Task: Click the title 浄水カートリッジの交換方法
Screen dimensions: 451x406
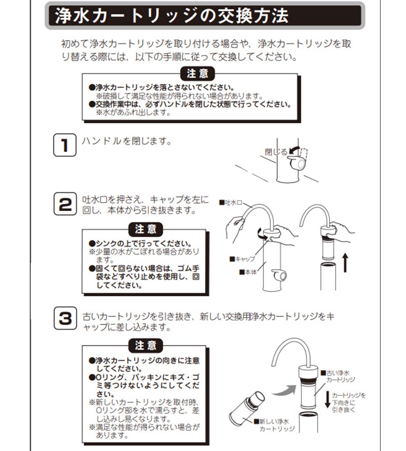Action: (171, 17)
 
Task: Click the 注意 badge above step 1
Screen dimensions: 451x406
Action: (197, 74)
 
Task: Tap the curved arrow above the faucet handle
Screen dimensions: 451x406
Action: (295, 149)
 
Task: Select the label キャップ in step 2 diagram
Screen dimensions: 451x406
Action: (243, 259)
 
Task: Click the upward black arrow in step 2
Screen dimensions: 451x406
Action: (345, 262)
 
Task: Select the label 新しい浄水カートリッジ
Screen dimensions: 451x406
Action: (276, 424)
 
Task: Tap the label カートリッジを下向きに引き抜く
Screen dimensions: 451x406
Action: (354, 402)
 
